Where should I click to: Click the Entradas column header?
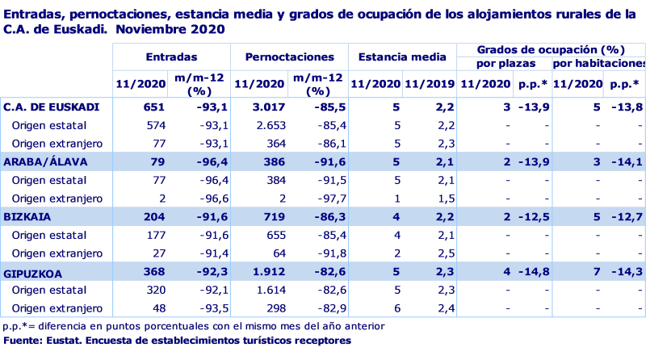171,58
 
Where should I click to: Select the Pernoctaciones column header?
288,58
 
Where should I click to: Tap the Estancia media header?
401,58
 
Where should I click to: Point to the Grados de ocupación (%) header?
551,49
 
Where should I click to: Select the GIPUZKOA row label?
33,273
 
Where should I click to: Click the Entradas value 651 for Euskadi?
153,107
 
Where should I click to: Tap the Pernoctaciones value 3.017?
270,107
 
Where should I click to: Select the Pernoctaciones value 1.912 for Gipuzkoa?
270,273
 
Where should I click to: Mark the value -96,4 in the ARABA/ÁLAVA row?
208,162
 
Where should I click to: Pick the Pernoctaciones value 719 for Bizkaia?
273,217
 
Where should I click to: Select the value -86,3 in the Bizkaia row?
324,217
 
